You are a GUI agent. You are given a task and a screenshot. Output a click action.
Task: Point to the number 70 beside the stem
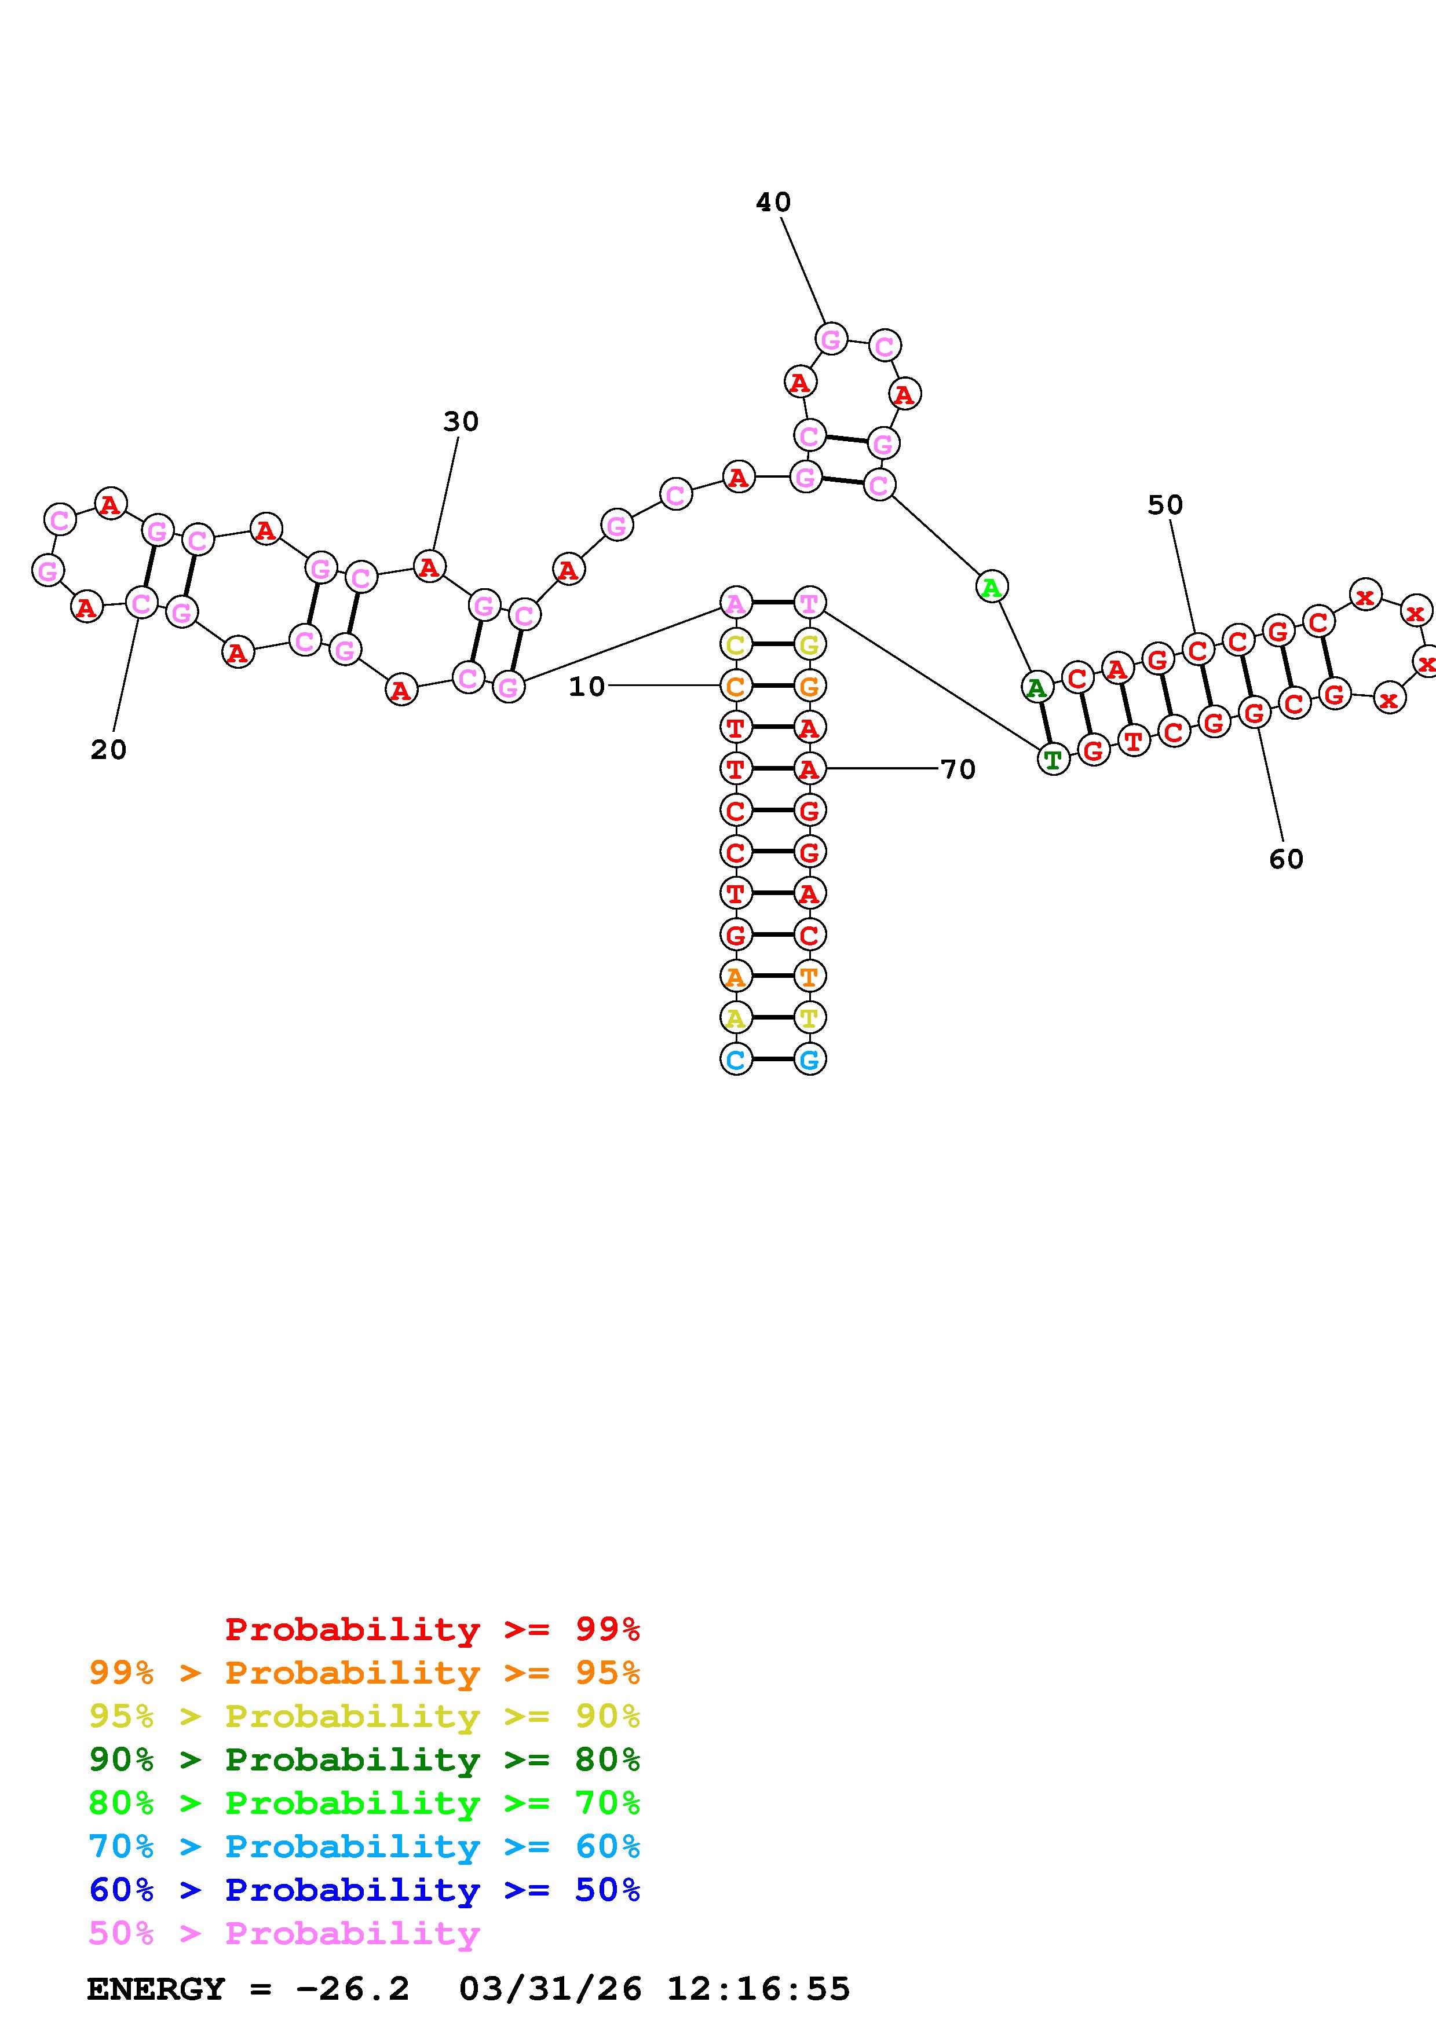[958, 769]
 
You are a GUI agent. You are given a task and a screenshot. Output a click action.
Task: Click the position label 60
[1285, 859]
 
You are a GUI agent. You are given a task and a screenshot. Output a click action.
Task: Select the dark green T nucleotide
[1052, 759]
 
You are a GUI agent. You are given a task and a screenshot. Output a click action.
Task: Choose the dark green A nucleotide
[1036, 687]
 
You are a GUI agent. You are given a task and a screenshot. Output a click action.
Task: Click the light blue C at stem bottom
[735, 1059]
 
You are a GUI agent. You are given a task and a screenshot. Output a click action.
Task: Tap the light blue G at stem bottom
[809, 1059]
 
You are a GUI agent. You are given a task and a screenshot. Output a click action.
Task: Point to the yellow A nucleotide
[735, 1018]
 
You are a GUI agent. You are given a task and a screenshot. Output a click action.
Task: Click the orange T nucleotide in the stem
[809, 977]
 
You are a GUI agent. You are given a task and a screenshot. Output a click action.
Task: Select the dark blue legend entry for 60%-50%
[364, 1890]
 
